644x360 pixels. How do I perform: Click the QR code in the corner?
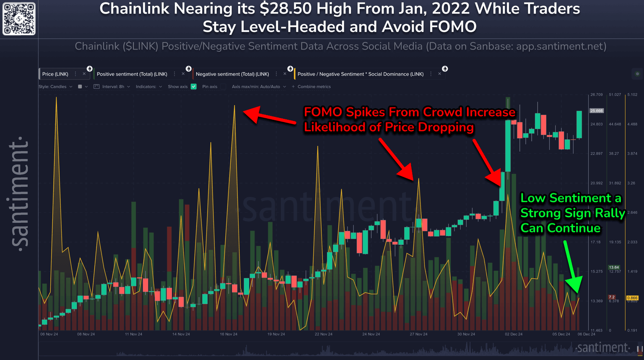point(19,19)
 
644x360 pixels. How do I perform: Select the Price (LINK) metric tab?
point(55,74)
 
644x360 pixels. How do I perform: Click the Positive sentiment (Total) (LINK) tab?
point(132,74)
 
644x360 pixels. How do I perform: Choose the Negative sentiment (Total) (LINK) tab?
point(232,74)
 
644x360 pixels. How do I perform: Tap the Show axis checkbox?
point(194,87)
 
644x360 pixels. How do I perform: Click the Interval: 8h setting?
point(113,87)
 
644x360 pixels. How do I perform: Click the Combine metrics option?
point(314,87)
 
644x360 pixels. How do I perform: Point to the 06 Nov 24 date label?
point(49,334)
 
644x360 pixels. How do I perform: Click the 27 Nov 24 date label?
point(418,334)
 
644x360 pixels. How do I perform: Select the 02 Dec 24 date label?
point(514,334)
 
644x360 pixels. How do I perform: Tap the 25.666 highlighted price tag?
point(596,111)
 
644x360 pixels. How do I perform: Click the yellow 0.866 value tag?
point(632,298)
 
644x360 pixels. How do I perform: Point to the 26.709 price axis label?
point(596,95)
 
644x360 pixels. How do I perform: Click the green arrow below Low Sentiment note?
point(571,266)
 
